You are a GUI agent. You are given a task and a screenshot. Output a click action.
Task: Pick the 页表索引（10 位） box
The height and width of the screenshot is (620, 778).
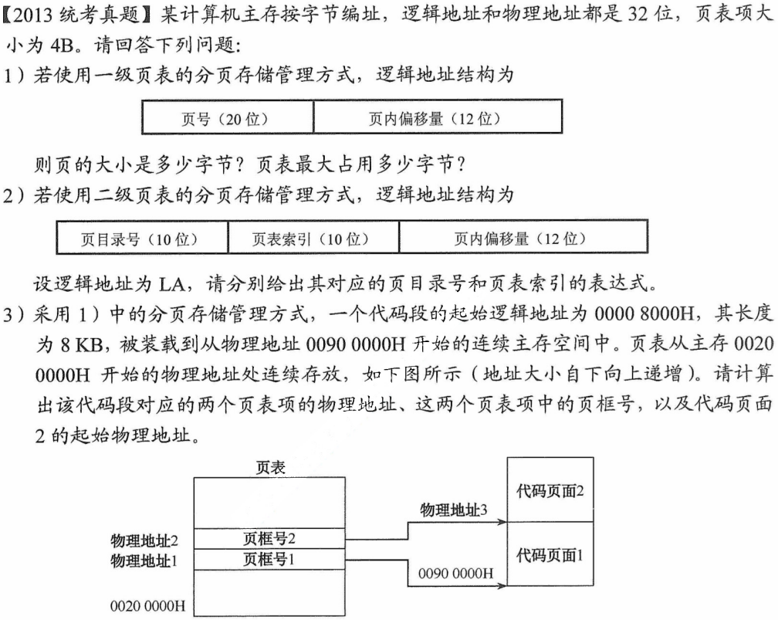pos(313,239)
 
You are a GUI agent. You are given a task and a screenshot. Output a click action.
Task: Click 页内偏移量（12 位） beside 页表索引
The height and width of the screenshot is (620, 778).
pos(515,239)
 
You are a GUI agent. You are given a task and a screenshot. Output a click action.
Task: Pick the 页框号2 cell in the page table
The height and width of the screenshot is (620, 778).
pos(269,538)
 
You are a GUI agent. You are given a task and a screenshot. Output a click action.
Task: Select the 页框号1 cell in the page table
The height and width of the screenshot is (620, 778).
pos(269,558)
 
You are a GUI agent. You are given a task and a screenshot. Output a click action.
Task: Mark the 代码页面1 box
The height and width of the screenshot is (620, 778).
pos(550,554)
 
